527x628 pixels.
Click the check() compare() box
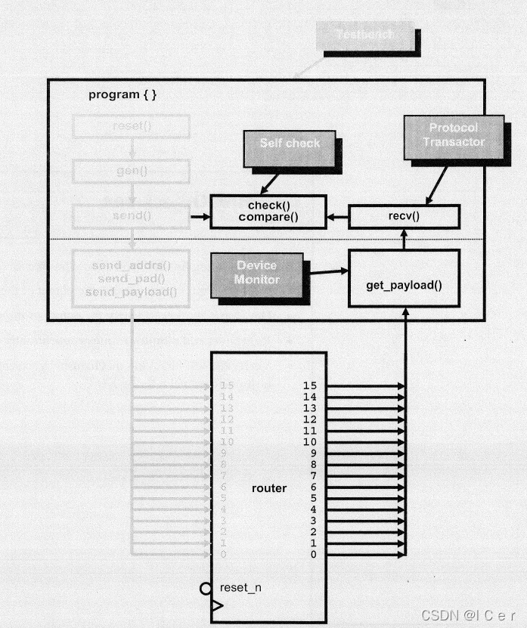coord(268,212)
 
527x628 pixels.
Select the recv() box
coord(404,217)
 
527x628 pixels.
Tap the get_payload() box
coord(404,285)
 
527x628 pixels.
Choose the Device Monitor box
coord(257,273)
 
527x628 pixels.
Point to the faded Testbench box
coord(366,36)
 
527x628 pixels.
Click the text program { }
coord(123,94)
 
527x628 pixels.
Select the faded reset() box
coord(132,126)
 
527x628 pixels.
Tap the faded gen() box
coord(132,171)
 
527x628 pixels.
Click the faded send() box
coord(132,216)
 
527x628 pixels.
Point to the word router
coord(269,488)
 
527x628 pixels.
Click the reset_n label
coord(241,587)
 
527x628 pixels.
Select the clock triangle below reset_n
coord(217,605)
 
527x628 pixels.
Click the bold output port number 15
coord(309,386)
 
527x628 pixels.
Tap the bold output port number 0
coord(313,555)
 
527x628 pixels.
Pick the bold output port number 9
coord(313,453)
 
